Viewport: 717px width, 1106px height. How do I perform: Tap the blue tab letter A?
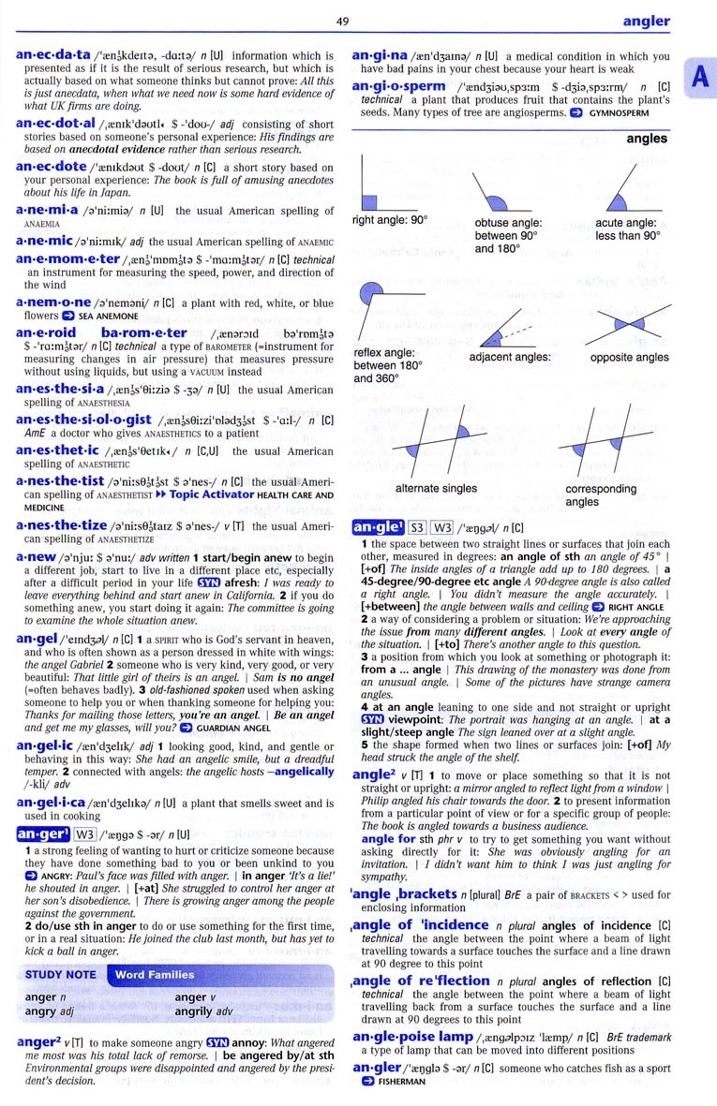coord(699,80)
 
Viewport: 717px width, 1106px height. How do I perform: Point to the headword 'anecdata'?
coord(53,55)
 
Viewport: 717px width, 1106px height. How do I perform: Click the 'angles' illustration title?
coord(647,139)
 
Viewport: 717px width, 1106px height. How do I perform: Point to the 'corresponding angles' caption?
coord(601,494)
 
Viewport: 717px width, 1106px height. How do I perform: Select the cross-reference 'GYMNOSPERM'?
coord(619,113)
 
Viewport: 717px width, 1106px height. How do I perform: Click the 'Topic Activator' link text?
coord(211,494)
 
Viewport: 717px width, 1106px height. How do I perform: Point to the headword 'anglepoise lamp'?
coord(412,1037)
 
